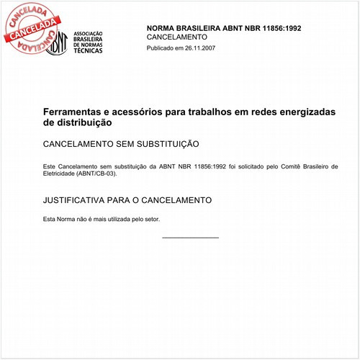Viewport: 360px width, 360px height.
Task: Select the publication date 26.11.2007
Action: tap(199, 48)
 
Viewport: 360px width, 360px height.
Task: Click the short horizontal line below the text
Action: tap(190, 238)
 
